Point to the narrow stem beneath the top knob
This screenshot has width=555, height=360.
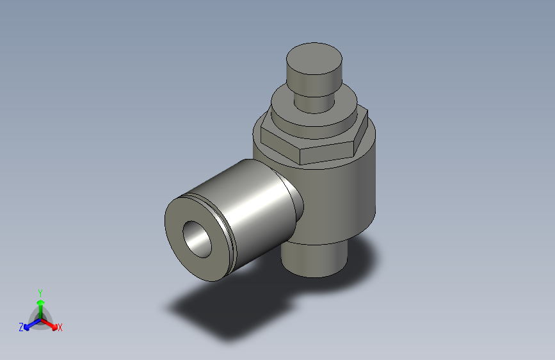pyautogui.click(x=314, y=102)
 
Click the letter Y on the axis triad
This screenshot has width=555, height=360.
pyautogui.click(x=40, y=291)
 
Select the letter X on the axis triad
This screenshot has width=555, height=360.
pyautogui.click(x=60, y=327)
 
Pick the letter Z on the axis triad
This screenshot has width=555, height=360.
pyautogui.click(x=21, y=327)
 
